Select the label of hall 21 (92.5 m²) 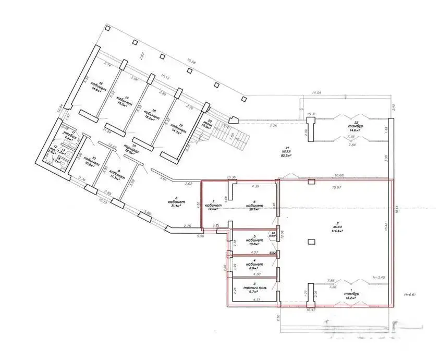pyautogui.click(x=285, y=152)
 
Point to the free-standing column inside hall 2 pyautogui.click(x=311, y=242)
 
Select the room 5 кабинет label pyautogui.click(x=254, y=241)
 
